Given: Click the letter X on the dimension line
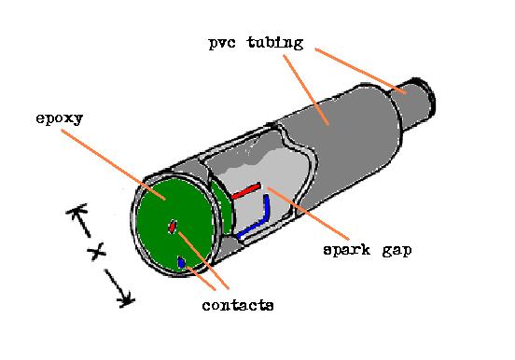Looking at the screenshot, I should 94,253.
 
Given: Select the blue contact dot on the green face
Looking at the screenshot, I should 181,264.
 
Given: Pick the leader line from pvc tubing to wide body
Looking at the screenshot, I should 302,88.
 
